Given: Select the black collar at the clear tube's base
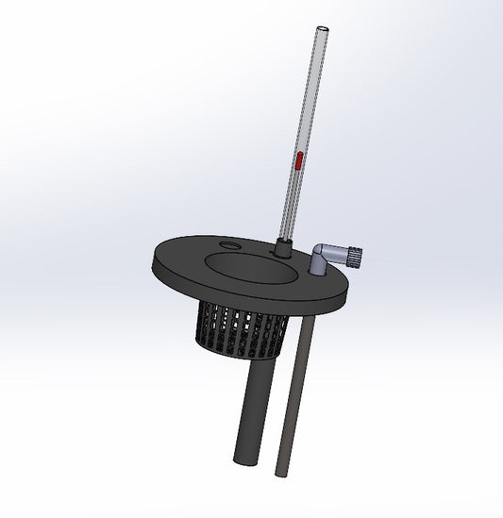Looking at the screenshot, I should pyautogui.click(x=281, y=250).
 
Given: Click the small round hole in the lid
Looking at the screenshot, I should pyautogui.click(x=229, y=247).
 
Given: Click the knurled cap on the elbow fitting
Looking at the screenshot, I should pyautogui.click(x=358, y=255).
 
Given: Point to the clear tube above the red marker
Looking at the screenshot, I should pyautogui.click(x=307, y=94).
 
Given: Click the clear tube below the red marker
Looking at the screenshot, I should pyautogui.click(x=291, y=208).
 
